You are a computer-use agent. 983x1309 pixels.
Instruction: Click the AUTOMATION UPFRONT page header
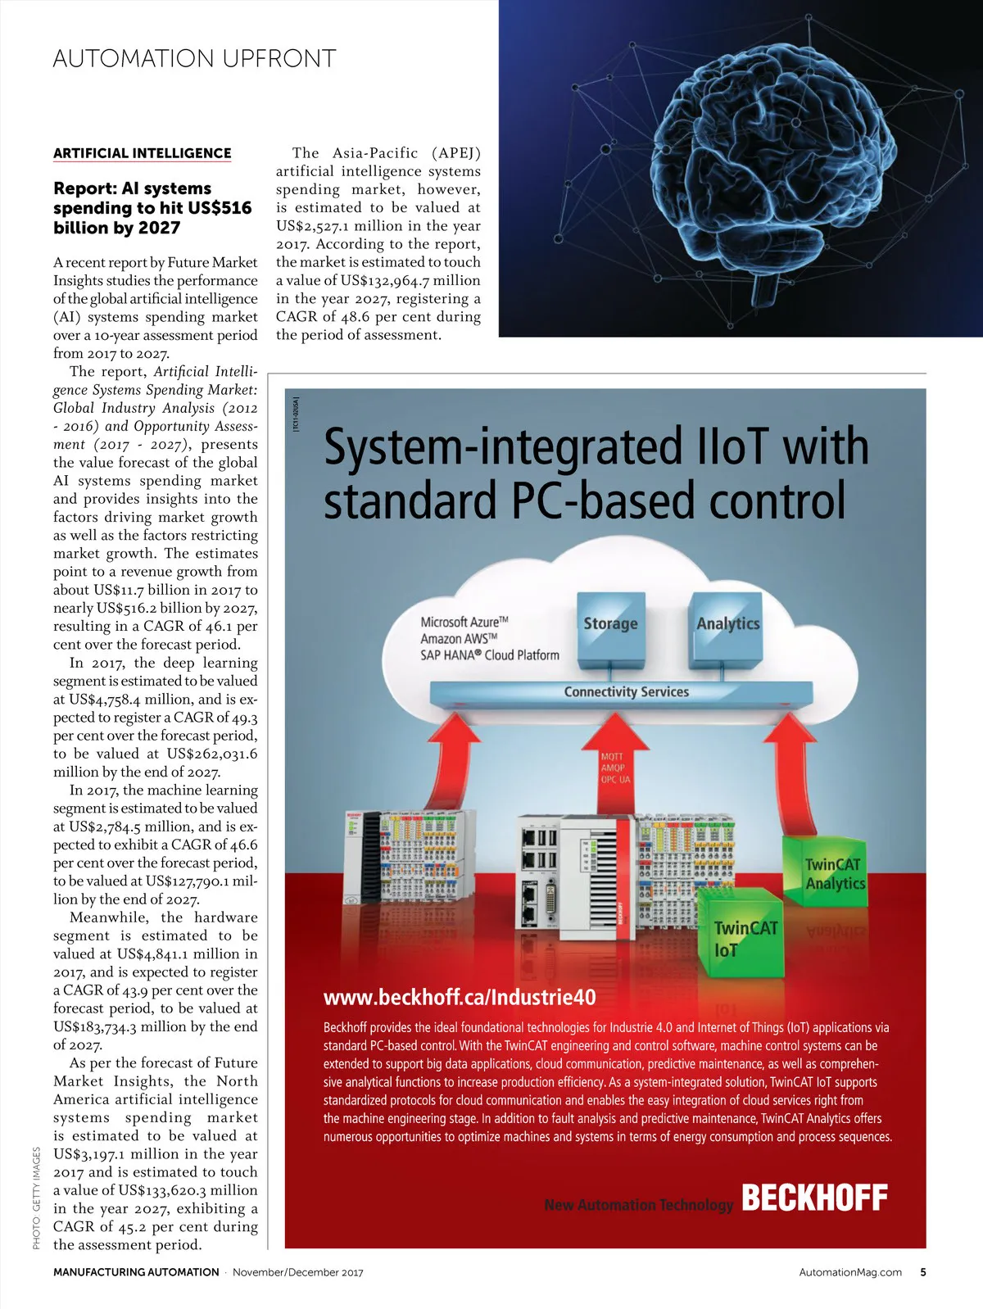coord(194,59)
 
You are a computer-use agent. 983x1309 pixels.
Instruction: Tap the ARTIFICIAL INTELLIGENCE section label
coord(142,153)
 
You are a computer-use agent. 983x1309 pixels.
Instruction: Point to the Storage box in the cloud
coord(610,624)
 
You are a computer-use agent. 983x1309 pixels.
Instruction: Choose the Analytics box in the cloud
coord(727,624)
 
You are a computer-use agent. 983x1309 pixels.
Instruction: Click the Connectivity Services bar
coord(626,692)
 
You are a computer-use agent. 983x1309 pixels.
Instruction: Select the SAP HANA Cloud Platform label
coord(489,655)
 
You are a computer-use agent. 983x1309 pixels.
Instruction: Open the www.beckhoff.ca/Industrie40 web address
coord(460,998)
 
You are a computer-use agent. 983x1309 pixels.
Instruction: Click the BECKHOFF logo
coord(814,1198)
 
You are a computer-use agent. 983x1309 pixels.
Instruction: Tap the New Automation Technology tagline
coord(638,1205)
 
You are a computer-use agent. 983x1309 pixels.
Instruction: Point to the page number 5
coord(923,1272)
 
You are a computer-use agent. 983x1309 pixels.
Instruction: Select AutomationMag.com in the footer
coord(850,1272)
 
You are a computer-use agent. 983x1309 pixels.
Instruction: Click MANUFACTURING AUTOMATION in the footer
coord(136,1272)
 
